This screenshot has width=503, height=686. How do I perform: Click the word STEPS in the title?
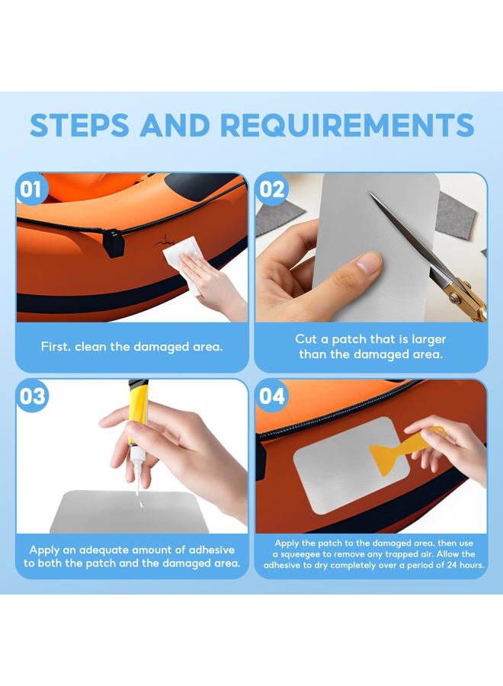pyautogui.click(x=79, y=125)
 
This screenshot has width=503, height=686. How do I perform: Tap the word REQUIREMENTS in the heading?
pyautogui.click(x=348, y=125)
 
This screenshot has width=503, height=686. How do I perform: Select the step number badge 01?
pyautogui.click(x=30, y=190)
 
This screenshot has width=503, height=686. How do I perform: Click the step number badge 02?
pyautogui.click(x=271, y=190)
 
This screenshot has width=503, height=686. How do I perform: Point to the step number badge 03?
pyautogui.click(x=31, y=396)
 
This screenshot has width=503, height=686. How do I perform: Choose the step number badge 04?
pyautogui.click(x=271, y=396)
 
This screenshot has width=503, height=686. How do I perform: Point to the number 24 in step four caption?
pyautogui.click(x=451, y=565)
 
